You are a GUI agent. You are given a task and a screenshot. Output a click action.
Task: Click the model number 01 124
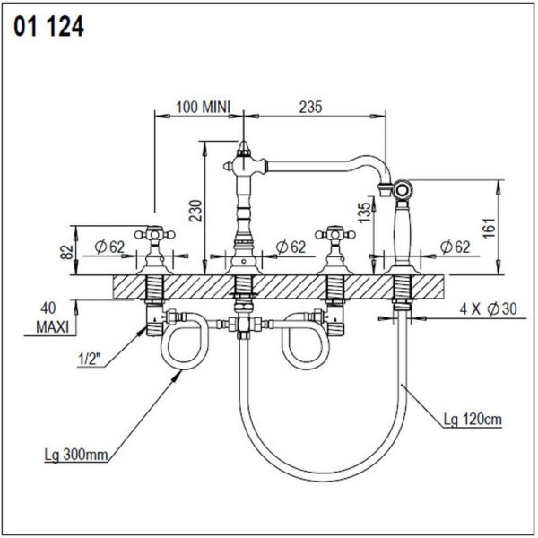pyautogui.click(x=49, y=28)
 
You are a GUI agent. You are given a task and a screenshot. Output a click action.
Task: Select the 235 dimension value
pyautogui.click(x=309, y=107)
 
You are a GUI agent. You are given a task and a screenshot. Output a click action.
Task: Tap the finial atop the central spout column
pyautogui.click(x=244, y=143)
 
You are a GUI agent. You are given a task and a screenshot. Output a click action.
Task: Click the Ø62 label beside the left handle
pyautogui.click(x=106, y=247)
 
